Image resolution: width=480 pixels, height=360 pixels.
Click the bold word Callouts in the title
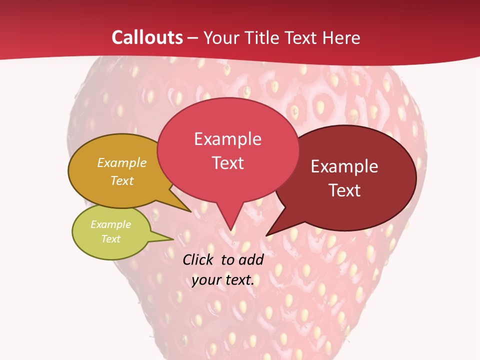pyautogui.click(x=147, y=37)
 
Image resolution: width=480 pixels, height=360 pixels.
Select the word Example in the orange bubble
pyautogui.click(x=122, y=163)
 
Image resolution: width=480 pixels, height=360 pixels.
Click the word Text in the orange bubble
pyautogui.click(x=122, y=180)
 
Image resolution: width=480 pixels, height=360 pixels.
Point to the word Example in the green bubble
pyautogui.click(x=110, y=224)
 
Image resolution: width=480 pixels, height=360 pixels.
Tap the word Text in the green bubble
pyautogui.click(x=110, y=239)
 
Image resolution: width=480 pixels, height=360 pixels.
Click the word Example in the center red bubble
pyautogui.click(x=227, y=139)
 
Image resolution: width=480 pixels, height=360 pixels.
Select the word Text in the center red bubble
pyautogui.click(x=227, y=163)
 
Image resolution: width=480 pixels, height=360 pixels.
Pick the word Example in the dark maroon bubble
pyautogui.click(x=344, y=166)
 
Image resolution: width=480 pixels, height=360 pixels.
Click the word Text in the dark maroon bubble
pyautogui.click(x=344, y=190)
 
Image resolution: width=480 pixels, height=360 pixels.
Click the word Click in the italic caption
pyautogui.click(x=198, y=259)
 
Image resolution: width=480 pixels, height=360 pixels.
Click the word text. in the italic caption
pyautogui.click(x=238, y=280)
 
